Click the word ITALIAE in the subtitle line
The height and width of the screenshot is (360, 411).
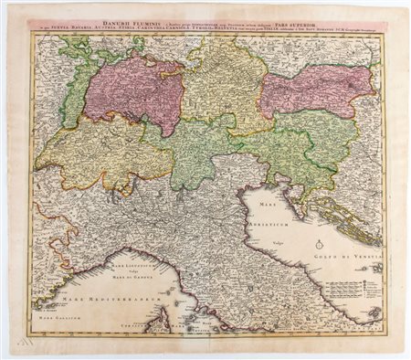click(x=270, y=28)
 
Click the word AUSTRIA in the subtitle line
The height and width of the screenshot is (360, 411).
click(x=114, y=28)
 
